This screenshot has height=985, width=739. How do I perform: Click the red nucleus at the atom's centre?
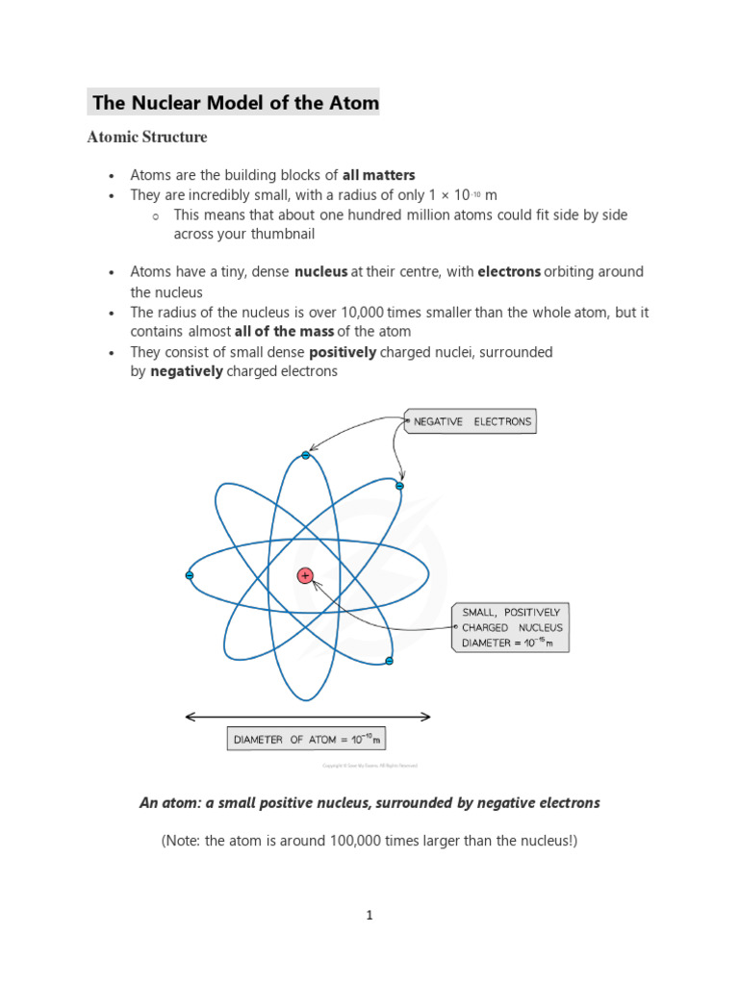point(305,576)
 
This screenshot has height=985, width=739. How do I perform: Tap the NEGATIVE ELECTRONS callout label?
point(471,421)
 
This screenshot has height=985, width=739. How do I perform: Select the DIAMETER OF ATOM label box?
point(306,739)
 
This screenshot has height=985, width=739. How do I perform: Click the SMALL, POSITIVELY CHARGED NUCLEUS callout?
point(511,627)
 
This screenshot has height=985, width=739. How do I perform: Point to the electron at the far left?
point(190,575)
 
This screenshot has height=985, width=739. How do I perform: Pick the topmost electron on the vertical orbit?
point(305,455)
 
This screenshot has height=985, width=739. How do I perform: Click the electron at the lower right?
point(389,661)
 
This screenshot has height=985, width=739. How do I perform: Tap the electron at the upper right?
point(399,486)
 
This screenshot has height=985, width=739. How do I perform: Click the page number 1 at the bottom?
point(369,916)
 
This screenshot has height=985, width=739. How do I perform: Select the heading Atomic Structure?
point(147,138)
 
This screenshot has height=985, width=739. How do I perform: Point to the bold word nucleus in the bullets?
point(320,272)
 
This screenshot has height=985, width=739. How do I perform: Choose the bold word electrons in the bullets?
point(509,272)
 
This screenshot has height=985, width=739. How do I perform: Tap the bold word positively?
point(343,353)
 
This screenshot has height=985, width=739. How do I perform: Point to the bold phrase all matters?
point(379,175)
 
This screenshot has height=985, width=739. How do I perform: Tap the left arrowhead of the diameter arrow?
point(189,717)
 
